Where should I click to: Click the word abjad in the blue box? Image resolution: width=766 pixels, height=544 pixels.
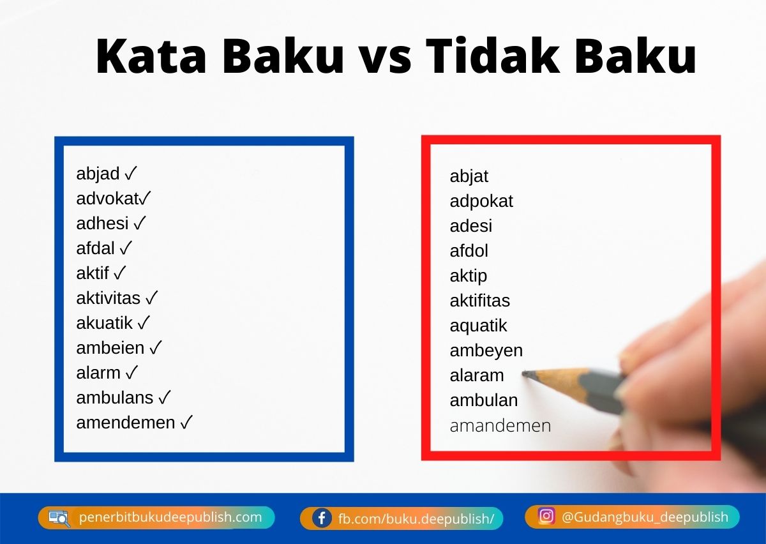(x=98, y=174)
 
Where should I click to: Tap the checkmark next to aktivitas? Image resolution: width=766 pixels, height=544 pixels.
(x=152, y=298)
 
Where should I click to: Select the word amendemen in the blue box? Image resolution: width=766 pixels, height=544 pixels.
(x=125, y=423)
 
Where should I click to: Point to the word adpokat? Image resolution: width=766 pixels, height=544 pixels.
(x=481, y=202)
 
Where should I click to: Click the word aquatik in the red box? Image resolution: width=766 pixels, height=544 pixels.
(x=478, y=326)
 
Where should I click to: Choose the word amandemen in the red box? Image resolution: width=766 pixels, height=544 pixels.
(x=500, y=426)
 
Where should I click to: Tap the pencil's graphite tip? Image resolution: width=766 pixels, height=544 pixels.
(x=526, y=374)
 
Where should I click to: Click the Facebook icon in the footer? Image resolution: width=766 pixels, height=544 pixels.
(x=322, y=518)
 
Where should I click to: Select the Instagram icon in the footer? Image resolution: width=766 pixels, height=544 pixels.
(x=546, y=516)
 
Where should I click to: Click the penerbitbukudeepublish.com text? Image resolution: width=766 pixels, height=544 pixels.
(x=170, y=517)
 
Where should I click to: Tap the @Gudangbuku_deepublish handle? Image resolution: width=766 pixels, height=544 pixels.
(x=645, y=517)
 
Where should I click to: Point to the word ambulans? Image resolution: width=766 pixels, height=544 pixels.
(x=115, y=398)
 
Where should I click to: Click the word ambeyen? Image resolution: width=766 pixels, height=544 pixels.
(x=486, y=351)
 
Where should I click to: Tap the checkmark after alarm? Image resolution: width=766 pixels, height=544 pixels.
(x=132, y=372)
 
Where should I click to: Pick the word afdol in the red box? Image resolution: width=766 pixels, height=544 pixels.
(x=469, y=251)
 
